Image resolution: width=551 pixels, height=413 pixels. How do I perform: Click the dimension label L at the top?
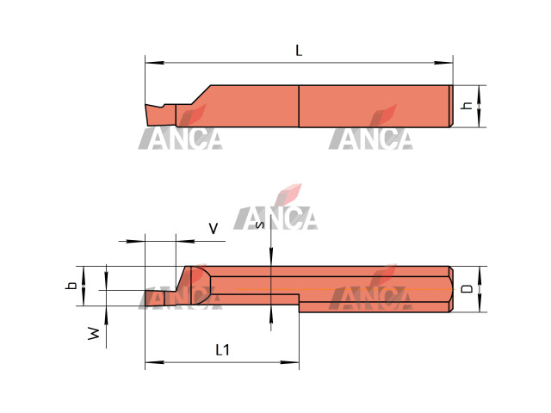[299, 51]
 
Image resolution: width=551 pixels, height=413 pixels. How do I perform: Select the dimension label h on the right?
[467, 105]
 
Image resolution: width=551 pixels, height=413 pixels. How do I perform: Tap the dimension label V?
[214, 229]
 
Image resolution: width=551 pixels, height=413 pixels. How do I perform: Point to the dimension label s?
[260, 225]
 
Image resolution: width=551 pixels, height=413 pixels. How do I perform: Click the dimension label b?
[71, 286]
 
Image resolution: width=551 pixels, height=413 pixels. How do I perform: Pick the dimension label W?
[94, 333]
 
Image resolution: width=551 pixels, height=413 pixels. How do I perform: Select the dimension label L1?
[222, 350]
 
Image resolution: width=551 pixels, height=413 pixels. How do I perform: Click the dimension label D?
[467, 289]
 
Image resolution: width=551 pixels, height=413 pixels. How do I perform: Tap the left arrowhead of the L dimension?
[155, 63]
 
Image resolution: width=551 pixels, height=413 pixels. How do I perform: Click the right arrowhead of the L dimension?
[443, 63]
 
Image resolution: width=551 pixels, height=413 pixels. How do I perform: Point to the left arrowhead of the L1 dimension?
[155, 362]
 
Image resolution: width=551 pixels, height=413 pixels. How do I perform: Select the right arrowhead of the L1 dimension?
[289, 362]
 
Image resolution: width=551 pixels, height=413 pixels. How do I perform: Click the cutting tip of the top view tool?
[145, 105]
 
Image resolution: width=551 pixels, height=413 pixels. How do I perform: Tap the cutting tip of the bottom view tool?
[145, 292]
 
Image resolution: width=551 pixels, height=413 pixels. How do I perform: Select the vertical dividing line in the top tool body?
[299, 106]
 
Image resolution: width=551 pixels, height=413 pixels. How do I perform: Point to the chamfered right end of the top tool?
[451, 106]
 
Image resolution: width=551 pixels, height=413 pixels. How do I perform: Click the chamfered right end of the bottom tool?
[451, 289]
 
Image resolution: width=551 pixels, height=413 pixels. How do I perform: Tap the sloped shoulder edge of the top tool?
[201, 95]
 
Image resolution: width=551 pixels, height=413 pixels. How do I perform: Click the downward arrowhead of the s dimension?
[271, 256]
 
